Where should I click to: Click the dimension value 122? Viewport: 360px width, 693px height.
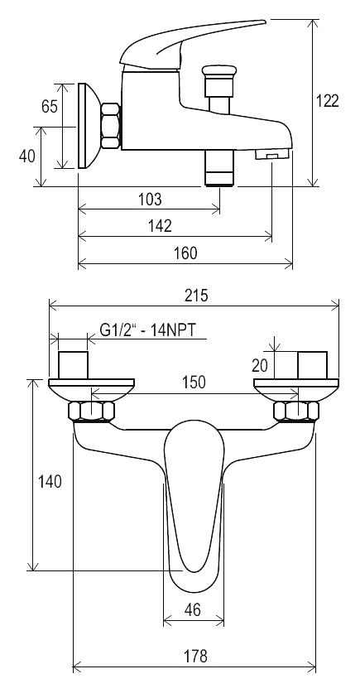(328, 101)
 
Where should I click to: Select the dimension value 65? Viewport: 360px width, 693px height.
(50, 107)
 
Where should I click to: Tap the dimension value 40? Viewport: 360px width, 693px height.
(27, 155)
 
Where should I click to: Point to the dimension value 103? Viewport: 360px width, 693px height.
(151, 200)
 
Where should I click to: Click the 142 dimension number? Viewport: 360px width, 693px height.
(160, 226)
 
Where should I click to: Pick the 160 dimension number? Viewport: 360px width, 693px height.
(186, 253)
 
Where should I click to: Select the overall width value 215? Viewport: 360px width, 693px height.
(196, 295)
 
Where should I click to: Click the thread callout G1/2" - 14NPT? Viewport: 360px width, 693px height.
(147, 330)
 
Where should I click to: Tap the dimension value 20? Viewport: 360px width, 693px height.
(260, 365)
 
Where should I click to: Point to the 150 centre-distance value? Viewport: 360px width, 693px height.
(194, 382)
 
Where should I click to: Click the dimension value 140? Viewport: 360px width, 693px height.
(50, 481)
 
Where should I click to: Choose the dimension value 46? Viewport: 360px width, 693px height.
(193, 610)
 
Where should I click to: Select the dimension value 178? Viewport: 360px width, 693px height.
(195, 656)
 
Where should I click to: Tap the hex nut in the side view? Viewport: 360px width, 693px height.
(111, 126)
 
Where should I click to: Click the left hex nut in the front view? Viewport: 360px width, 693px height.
(92, 411)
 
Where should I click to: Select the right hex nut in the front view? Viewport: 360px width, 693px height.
(296, 411)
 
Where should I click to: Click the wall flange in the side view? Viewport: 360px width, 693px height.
(89, 126)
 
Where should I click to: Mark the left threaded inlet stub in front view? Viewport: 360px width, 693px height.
(74, 365)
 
